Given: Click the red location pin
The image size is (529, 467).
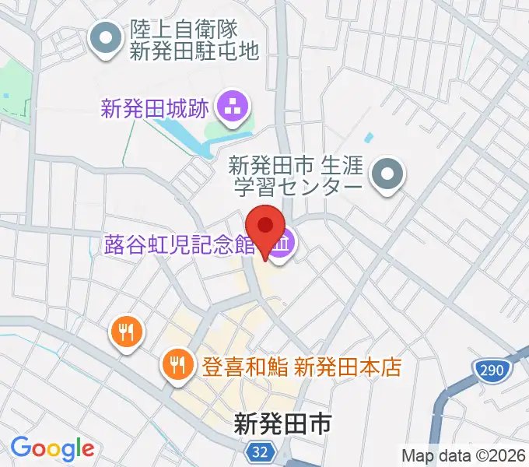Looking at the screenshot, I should (266, 228).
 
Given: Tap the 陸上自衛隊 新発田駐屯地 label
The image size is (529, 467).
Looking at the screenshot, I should (194, 40).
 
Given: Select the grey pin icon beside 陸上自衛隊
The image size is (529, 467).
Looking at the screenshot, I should (105, 38).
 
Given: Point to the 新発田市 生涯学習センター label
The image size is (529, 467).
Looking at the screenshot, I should (296, 177).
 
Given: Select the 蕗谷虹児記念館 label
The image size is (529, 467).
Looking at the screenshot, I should (180, 246).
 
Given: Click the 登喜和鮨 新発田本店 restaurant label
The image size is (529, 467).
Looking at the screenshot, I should (302, 366).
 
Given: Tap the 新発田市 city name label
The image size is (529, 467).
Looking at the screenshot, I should (283, 423).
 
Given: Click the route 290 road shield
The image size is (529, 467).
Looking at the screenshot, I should (491, 369).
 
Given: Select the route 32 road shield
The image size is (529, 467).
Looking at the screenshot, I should (263, 451).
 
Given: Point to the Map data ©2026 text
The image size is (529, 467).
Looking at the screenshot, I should (464, 455).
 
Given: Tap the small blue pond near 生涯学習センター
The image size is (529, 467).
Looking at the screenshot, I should (368, 138).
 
